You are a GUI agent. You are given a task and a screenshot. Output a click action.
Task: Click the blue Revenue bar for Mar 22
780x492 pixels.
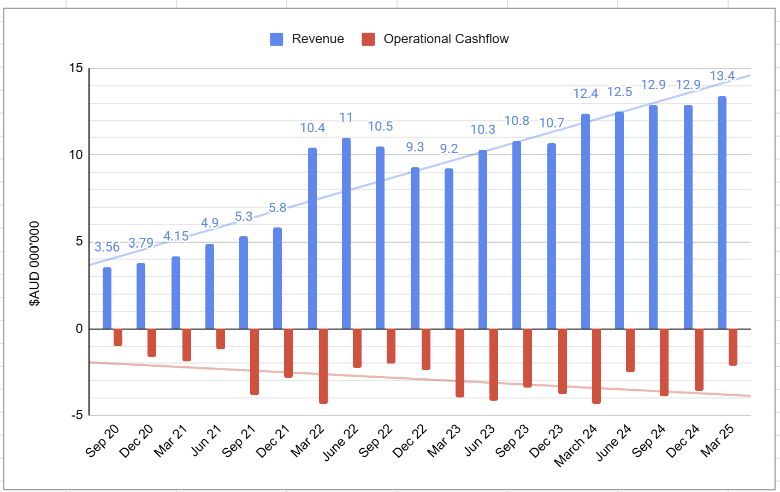[312, 238]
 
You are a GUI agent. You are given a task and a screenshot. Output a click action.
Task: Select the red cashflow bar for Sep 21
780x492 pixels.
[255, 361]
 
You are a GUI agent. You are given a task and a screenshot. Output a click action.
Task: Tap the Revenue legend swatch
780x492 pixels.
[276, 39]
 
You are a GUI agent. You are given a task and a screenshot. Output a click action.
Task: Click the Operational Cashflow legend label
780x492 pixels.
[446, 39]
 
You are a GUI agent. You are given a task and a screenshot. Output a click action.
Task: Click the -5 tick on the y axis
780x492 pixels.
[76, 415]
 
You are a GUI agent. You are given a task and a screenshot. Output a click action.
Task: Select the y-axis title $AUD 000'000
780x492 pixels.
[35, 263]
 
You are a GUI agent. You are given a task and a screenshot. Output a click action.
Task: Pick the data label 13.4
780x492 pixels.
[722, 77]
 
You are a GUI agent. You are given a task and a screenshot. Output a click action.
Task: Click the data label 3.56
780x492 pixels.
[107, 247]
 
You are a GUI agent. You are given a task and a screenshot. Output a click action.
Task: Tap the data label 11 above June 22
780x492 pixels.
[346, 118]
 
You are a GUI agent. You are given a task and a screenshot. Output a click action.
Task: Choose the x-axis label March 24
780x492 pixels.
[576, 445]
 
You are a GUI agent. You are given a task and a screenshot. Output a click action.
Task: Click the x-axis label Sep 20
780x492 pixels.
[103, 441]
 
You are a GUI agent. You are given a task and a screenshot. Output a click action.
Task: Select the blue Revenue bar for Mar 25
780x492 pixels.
[722, 213]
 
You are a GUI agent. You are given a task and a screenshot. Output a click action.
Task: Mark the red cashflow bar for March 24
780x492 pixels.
[596, 366]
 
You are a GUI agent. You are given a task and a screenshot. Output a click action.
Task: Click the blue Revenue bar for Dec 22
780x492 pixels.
[415, 248]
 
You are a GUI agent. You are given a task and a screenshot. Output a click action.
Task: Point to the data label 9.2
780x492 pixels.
[449, 149]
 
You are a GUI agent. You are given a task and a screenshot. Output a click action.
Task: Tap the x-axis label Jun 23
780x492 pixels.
[480, 441]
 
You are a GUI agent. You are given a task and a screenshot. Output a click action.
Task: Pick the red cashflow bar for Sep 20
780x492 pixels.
[118, 337]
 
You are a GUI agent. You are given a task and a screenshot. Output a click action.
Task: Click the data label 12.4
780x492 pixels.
[586, 94]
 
